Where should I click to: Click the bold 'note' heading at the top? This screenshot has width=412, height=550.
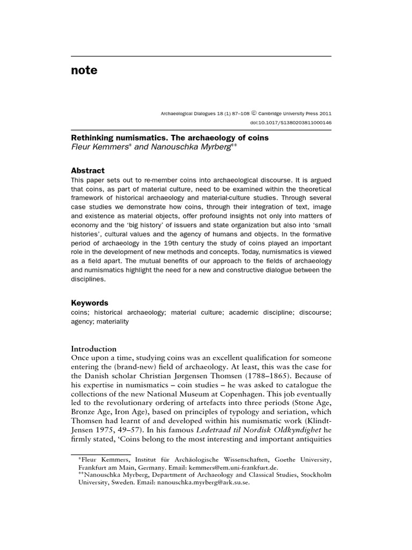pos(84,70)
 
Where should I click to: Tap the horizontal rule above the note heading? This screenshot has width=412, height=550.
pos(201,56)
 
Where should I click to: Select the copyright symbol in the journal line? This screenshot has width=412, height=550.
pos(254,113)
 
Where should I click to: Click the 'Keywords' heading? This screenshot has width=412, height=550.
pos(90,302)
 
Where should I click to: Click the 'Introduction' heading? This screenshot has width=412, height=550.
pos(94,349)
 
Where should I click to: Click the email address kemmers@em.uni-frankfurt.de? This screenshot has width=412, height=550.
pos(237,468)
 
